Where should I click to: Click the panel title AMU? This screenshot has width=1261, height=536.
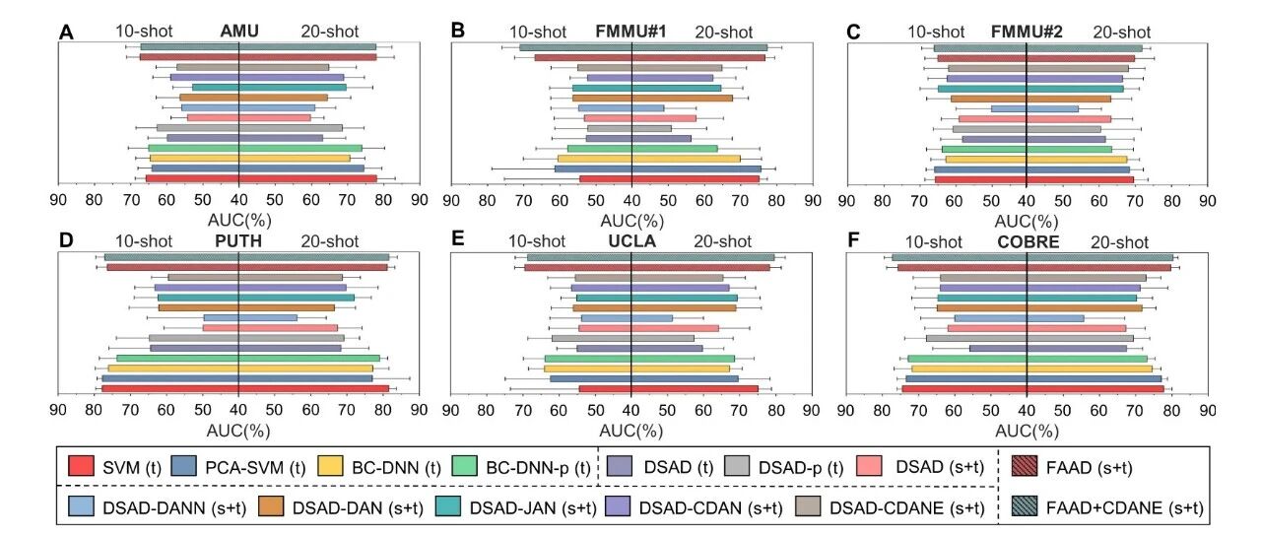[239, 32]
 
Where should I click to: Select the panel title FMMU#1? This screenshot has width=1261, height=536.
[631, 32]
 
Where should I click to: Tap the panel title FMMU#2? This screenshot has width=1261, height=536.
[1027, 32]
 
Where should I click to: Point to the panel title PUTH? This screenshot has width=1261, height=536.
[238, 241]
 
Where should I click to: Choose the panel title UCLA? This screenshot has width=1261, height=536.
[631, 241]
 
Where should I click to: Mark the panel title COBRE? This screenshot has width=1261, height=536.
[1027, 241]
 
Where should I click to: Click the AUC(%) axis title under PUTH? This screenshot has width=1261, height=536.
[238, 430]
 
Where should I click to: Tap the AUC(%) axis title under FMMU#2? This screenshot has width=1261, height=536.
[1028, 222]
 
